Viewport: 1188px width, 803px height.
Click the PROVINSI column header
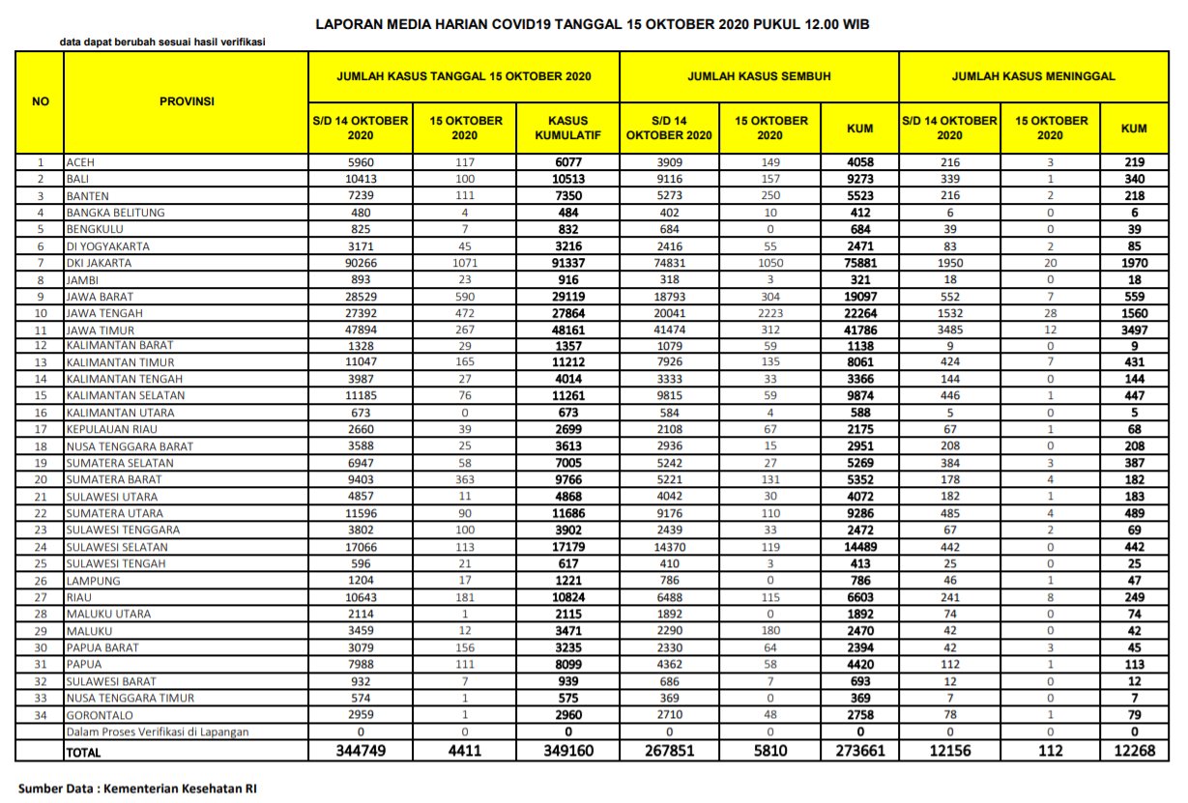[186, 100]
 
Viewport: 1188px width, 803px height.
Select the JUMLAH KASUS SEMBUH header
[759, 74]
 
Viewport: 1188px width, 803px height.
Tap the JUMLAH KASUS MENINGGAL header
[1033, 74]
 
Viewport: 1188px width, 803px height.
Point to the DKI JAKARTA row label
[99, 263]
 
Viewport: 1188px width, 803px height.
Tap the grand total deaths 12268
[1134, 750]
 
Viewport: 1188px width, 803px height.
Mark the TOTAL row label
[83, 751]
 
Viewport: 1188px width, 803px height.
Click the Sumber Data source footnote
[136, 788]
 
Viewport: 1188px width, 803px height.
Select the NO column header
[41, 100]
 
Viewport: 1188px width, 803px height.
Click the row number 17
[41, 430]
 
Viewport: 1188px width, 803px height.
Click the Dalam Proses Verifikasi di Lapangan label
[157, 731]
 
